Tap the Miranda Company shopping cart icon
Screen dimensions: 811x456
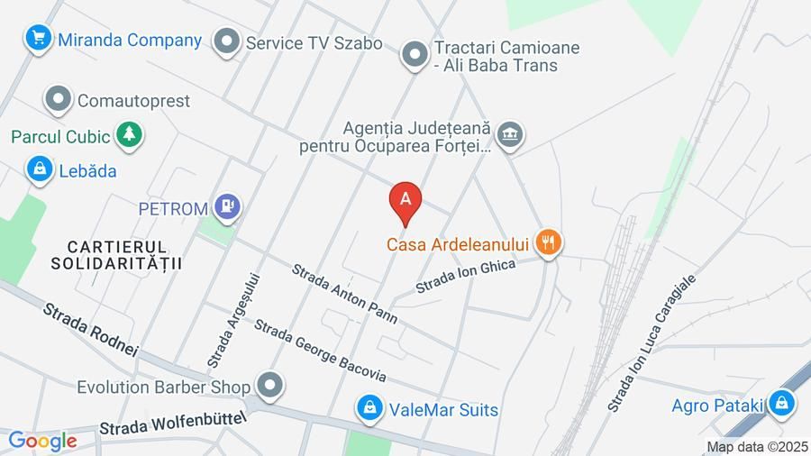[x=38, y=39]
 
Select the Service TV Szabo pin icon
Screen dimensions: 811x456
[x=226, y=42]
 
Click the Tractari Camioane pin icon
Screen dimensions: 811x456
[x=415, y=55]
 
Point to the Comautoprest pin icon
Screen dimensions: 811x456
[x=59, y=100]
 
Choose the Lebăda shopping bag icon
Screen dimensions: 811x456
[x=39, y=169]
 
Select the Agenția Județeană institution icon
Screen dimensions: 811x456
[x=511, y=135]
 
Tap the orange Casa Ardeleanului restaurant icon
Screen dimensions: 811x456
[x=548, y=242]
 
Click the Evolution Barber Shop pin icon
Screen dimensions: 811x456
[x=269, y=387]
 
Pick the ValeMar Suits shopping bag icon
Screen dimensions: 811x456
[x=368, y=409]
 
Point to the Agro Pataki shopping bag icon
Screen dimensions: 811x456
[x=782, y=404]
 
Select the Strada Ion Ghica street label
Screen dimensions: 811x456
[x=465, y=276]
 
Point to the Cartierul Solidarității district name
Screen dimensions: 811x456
[x=117, y=254]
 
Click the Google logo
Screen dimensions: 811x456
[x=42, y=441]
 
